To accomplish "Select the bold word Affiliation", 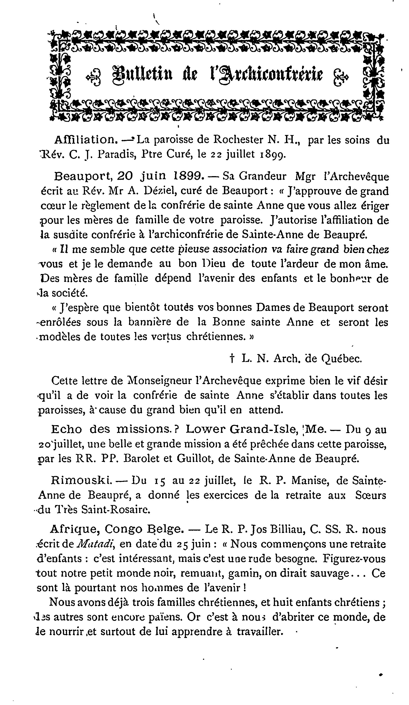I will pyautogui.click(x=85, y=139).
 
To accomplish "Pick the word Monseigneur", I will pyautogui.click(x=159, y=381).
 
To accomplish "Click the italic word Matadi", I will pyautogui.click(x=94, y=544).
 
